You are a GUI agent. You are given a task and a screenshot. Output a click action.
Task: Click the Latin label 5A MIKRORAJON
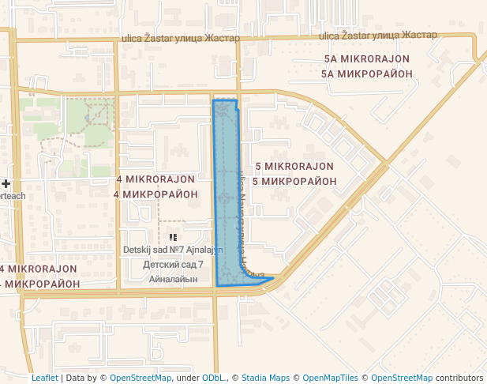366,59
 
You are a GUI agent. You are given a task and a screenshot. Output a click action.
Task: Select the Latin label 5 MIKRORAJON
294,167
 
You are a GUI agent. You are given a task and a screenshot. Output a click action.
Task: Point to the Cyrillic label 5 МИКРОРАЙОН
294,181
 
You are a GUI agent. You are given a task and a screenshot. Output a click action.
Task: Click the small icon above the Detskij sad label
173,236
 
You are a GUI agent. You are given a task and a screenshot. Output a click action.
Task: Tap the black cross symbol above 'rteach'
6,183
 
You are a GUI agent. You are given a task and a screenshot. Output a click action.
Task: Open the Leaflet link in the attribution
44,378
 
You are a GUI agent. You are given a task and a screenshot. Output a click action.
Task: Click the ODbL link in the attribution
211,378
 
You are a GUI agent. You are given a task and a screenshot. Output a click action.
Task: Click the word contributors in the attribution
459,378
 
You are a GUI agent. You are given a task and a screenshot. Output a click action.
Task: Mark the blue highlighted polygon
227,198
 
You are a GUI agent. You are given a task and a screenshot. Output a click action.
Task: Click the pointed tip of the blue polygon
273,278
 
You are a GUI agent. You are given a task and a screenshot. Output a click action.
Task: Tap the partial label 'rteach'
13,196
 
